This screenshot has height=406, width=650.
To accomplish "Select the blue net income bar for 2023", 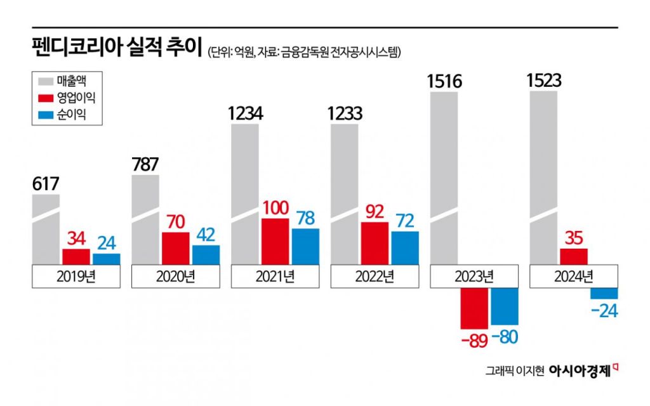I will pyautogui.click(x=505, y=306).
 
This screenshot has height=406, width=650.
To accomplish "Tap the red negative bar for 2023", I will pyautogui.click(x=475, y=309).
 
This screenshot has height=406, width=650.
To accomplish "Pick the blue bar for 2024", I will pyautogui.click(x=604, y=294).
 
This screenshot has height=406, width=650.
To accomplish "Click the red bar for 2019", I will pyautogui.click(x=76, y=256).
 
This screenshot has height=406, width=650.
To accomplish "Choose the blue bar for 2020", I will pyautogui.click(x=206, y=254).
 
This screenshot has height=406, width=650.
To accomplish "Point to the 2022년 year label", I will pyautogui.click(x=375, y=276).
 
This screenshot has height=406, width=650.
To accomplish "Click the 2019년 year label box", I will pyautogui.click(x=76, y=276).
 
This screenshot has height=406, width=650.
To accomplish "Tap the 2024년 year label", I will pyautogui.click(x=574, y=276).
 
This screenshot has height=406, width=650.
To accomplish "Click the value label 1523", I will pyautogui.click(x=545, y=81).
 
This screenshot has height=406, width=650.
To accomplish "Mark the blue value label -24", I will pyautogui.click(x=604, y=311).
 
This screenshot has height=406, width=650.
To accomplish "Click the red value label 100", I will pyautogui.click(x=275, y=207).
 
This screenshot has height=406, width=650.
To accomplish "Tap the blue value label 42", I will pyautogui.click(x=206, y=234).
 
